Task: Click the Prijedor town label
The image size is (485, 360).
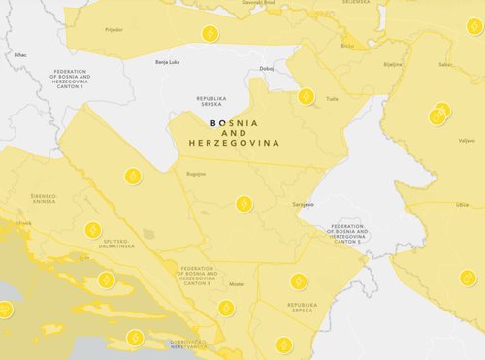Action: pyautogui.click(x=113, y=30)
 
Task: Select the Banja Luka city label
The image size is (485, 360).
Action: pyautogui.click(x=168, y=62)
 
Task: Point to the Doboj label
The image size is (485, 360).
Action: pyautogui.click(x=267, y=68)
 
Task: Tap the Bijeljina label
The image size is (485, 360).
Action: pyautogui.click(x=393, y=63)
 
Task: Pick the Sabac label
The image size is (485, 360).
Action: pyautogui.click(x=445, y=64)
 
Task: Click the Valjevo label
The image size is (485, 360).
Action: pyautogui.click(x=467, y=141)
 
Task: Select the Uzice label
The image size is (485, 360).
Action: pyautogui.click(x=462, y=205)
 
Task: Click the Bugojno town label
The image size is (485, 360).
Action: pyautogui.click(x=196, y=174)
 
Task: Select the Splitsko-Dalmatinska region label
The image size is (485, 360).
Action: pyautogui.click(x=118, y=245)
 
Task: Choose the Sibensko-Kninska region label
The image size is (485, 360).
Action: pyautogui.click(x=44, y=198)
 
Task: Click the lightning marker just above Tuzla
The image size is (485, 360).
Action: pyautogui.click(x=306, y=96)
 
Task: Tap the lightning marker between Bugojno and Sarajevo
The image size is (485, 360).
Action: pyautogui.click(x=244, y=204)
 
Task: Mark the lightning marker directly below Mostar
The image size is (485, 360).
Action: pyautogui.click(x=225, y=308)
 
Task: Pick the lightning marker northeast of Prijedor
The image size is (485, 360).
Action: pyautogui.click(x=210, y=33)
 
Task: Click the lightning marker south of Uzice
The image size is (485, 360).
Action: pyautogui.click(x=468, y=278)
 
